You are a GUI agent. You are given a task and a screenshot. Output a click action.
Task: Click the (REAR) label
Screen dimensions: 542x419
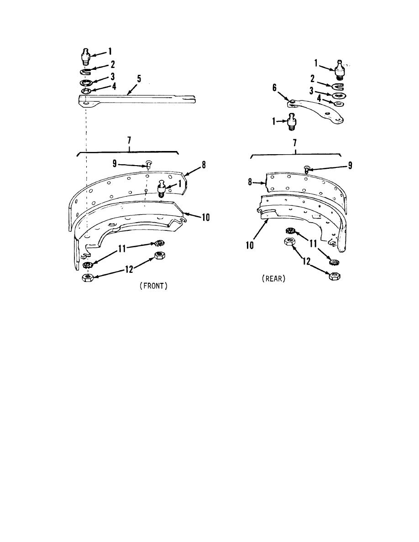274,280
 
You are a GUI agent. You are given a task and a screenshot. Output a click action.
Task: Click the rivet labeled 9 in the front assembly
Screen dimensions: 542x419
149,163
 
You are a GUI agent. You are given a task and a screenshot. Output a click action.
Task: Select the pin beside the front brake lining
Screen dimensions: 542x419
162,188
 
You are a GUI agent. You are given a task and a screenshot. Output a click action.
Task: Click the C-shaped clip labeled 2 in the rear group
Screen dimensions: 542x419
339,86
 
